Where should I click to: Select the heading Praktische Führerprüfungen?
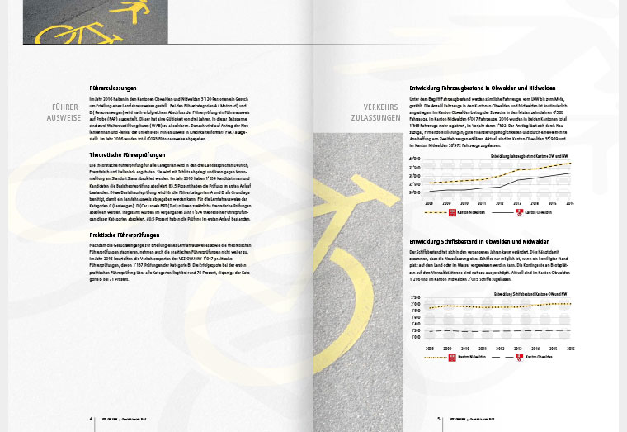click(125, 235)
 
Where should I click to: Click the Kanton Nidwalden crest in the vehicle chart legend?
click(452, 212)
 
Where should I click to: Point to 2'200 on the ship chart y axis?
click(416, 297)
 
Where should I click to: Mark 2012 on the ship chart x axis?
click(502, 349)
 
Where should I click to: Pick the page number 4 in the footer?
click(91, 419)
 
